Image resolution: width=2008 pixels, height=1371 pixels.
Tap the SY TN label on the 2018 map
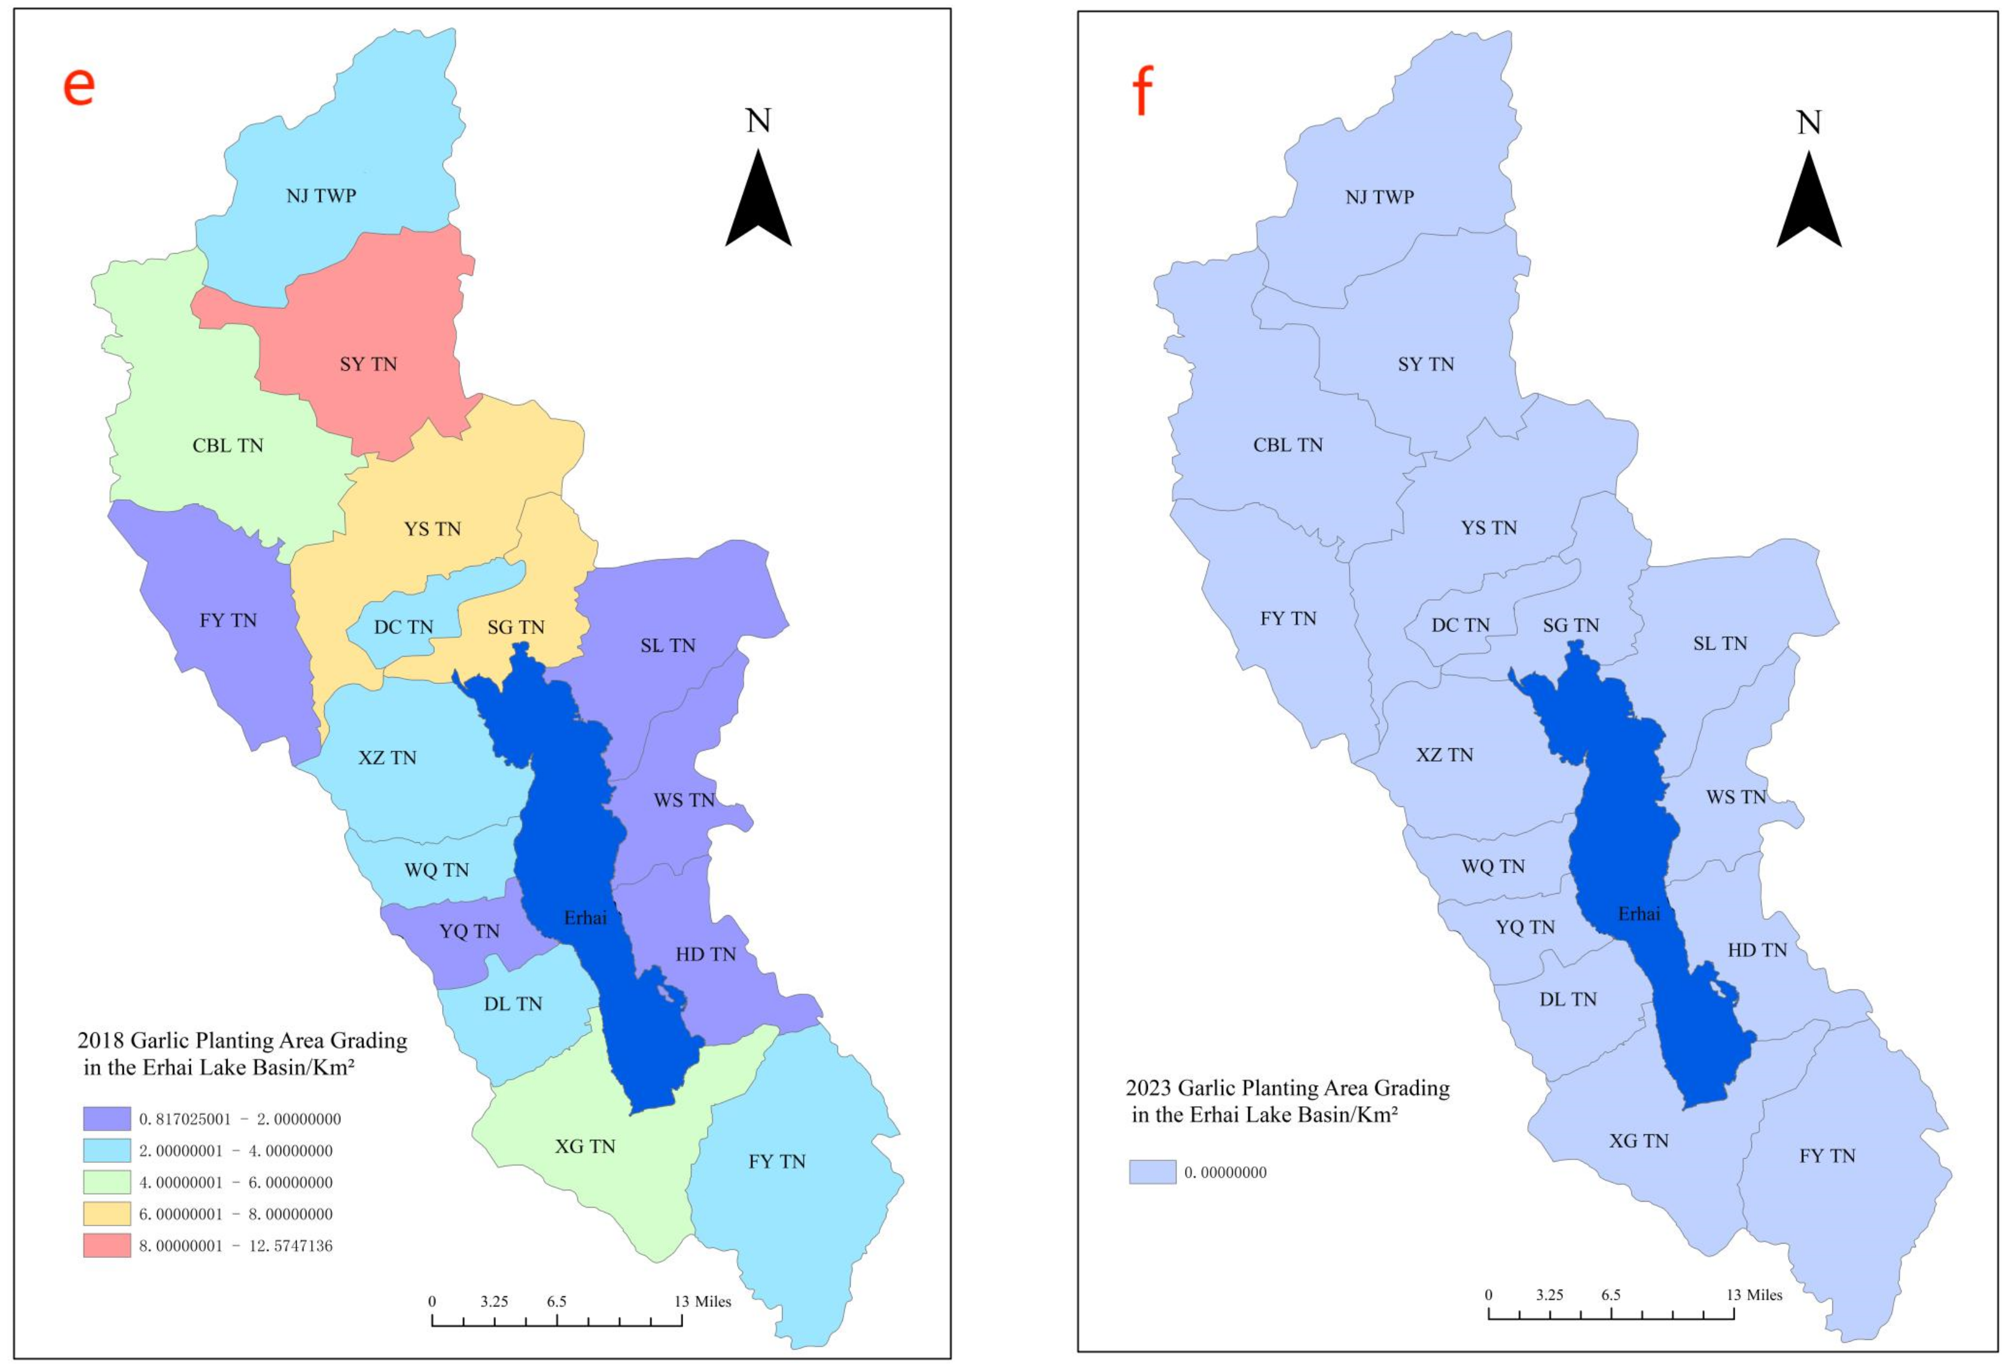click(x=368, y=364)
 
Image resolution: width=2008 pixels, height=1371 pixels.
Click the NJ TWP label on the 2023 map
click(x=1379, y=197)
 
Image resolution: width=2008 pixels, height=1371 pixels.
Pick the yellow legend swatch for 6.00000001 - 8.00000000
click(x=107, y=1214)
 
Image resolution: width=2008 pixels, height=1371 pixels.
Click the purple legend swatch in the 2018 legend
click(x=107, y=1119)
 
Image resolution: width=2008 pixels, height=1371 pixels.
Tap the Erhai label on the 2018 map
click(x=585, y=918)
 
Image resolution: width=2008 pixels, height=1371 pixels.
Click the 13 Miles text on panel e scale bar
click(x=702, y=1302)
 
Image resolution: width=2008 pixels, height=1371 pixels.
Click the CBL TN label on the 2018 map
click(x=227, y=446)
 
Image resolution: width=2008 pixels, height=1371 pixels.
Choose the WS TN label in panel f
click(x=1736, y=797)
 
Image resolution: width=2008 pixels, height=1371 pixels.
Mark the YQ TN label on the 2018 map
click(x=469, y=931)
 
